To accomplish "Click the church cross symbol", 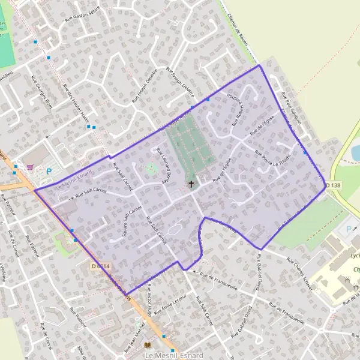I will tap(192, 184).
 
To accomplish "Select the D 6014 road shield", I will tap(101, 266).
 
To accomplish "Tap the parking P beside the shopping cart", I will tap(49, 171).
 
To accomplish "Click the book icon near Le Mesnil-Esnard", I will tap(148, 346).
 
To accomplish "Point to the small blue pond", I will tap(355, 152).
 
